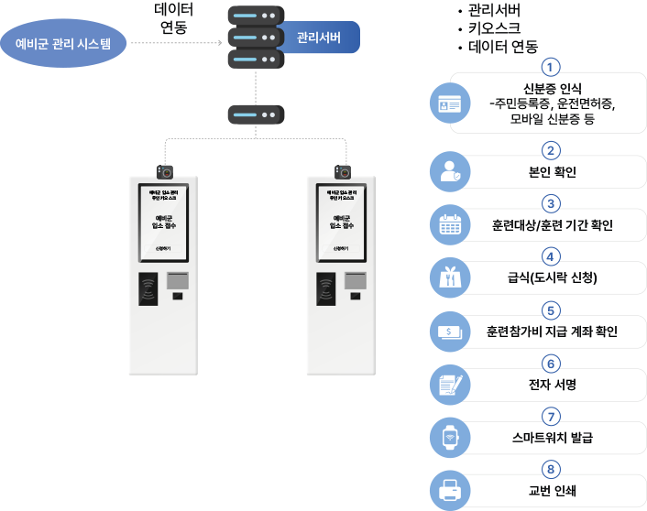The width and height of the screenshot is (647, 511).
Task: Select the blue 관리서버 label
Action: (315, 38)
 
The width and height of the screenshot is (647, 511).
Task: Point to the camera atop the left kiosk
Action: (165, 170)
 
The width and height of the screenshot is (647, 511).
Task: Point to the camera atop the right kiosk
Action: (344, 170)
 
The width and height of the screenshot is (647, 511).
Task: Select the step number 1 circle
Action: (550, 67)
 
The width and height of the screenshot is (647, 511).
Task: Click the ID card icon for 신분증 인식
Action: (449, 105)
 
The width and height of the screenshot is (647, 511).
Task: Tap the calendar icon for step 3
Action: (449, 224)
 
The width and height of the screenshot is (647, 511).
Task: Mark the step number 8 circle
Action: (550, 469)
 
